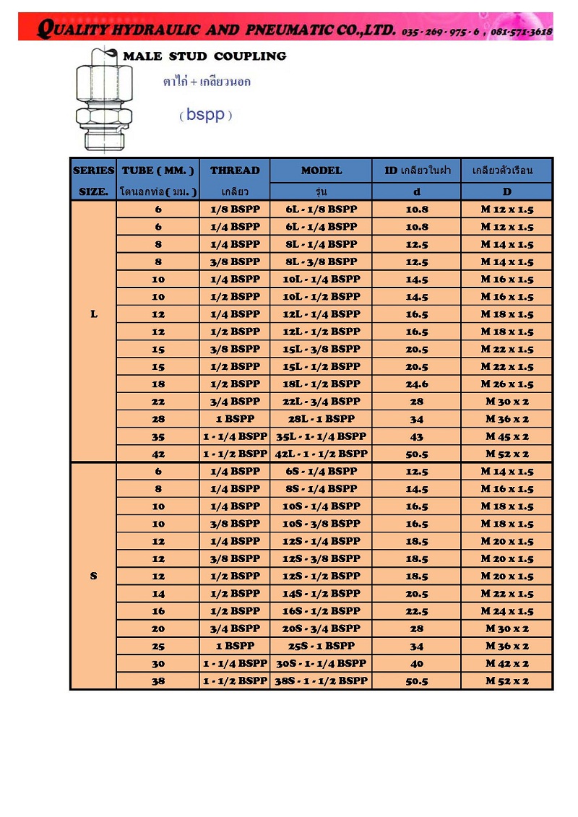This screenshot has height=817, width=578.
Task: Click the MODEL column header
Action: (x=322, y=170)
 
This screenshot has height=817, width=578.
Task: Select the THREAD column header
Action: (x=235, y=170)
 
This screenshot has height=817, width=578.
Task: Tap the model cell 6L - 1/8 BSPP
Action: (x=322, y=209)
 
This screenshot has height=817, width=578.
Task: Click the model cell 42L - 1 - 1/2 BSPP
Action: (x=322, y=454)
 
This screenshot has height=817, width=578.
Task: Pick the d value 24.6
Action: (x=416, y=384)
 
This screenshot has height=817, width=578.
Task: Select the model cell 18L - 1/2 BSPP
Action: (x=322, y=384)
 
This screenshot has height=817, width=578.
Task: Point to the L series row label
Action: (x=94, y=314)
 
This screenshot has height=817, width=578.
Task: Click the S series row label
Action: (x=94, y=576)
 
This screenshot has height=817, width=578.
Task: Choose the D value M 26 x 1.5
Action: (x=507, y=384)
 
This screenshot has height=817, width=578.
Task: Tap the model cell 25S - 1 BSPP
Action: (x=322, y=646)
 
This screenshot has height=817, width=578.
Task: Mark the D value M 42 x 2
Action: (x=507, y=663)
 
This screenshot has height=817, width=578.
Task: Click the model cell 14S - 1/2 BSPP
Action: (x=322, y=593)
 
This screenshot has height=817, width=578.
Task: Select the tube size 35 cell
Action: (x=158, y=436)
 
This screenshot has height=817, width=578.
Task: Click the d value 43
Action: (x=416, y=436)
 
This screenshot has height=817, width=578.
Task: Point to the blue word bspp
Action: (x=205, y=115)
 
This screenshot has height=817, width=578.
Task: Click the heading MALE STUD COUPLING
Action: (x=204, y=56)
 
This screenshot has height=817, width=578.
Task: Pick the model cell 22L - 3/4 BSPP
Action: (x=322, y=402)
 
